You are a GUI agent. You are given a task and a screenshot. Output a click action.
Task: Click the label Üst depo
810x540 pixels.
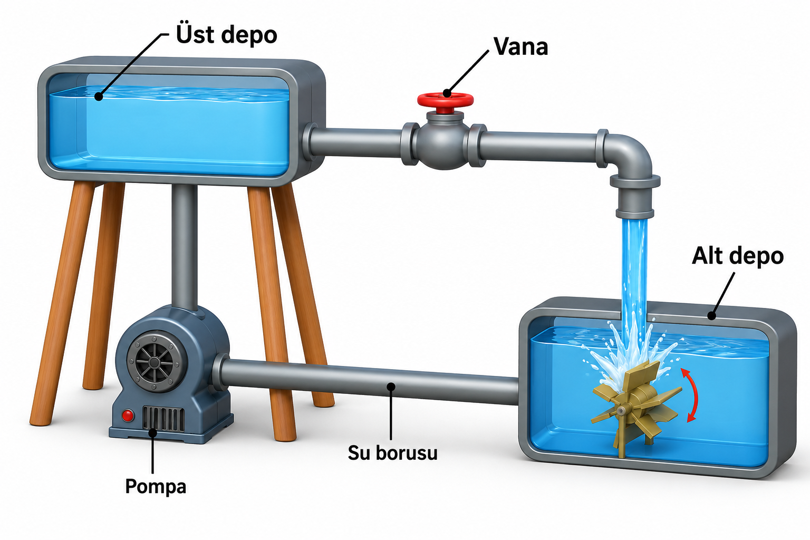point(226,34)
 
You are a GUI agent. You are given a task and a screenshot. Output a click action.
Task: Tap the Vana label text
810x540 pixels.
point(521,47)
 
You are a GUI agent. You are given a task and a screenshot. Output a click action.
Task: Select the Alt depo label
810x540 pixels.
point(738,256)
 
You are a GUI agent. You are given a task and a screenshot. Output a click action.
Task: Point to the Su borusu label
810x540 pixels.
point(393,453)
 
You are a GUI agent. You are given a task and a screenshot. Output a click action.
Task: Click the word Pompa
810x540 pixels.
point(156,486)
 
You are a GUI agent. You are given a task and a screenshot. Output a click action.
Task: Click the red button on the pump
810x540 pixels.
point(127,416)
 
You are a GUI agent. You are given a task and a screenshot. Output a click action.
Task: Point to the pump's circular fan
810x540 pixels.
point(154,362)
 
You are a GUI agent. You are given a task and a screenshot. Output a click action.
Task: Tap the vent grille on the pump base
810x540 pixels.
point(163,419)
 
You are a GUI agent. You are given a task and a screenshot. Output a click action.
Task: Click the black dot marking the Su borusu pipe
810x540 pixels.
point(391,387)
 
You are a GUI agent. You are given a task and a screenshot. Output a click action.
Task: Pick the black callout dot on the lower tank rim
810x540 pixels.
point(711,316)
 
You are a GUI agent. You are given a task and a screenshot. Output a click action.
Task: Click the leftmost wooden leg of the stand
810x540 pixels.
point(62,303)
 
